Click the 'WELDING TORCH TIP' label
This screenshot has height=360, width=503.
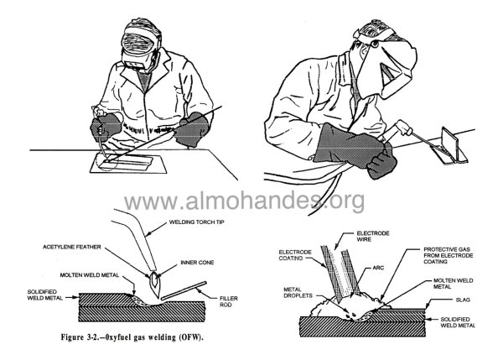click(x=197, y=222)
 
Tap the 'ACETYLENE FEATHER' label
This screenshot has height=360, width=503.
click(x=72, y=247)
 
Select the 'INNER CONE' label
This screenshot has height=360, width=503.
click(x=197, y=263)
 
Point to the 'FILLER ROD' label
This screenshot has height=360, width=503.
click(x=228, y=301)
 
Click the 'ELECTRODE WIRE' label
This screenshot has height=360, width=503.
click(x=373, y=237)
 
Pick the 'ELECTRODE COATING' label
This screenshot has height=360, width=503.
click(x=295, y=255)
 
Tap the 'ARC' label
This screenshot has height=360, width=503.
click(x=378, y=268)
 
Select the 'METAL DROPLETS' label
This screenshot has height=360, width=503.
click(x=298, y=293)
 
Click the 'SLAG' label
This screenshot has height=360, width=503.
click(x=463, y=300)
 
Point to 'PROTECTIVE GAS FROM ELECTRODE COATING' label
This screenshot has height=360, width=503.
click(x=449, y=255)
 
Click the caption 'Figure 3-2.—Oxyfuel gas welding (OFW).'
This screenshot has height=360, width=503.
click(x=132, y=337)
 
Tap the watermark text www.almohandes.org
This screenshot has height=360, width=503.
click(x=244, y=201)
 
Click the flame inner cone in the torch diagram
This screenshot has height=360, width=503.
click(x=155, y=279)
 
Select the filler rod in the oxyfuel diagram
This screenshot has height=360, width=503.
click(x=184, y=290)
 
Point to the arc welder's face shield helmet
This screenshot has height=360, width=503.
click(x=388, y=67)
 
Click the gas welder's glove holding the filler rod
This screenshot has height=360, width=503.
click(x=193, y=129)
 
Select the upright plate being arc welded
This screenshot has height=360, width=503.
click(x=450, y=143)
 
